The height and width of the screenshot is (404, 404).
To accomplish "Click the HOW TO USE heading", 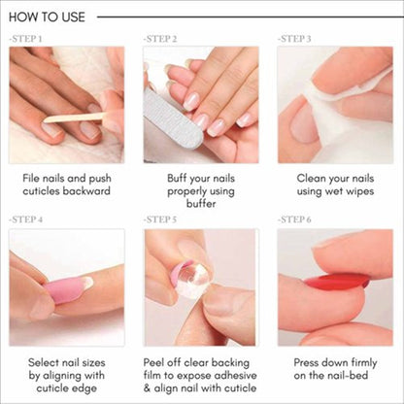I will (x=48, y=17).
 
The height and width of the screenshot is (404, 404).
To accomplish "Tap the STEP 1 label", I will (x=26, y=39).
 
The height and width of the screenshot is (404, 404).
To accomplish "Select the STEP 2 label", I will (x=160, y=39).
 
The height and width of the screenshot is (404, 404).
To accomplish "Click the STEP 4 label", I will (x=26, y=220).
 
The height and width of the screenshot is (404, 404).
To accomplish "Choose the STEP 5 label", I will (x=160, y=220).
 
